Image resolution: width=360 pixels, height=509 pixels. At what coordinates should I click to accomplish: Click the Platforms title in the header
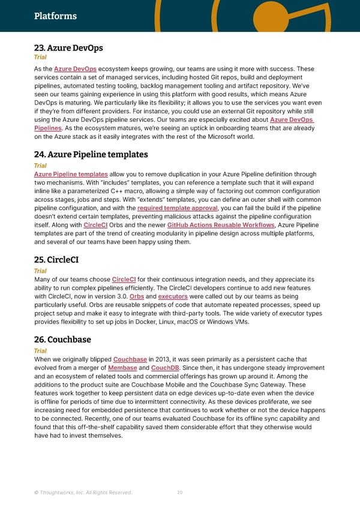point(55,16)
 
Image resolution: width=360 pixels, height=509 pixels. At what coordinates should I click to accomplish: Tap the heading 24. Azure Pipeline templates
point(91,155)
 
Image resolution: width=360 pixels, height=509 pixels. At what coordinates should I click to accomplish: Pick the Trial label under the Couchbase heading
point(40,351)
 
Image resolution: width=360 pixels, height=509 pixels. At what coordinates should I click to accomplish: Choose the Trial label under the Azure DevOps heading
point(40,58)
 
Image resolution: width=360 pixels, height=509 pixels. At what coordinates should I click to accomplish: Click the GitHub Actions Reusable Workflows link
point(224,225)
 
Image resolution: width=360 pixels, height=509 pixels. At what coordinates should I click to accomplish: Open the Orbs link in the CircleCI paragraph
point(136,296)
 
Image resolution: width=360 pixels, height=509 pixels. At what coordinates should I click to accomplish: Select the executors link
point(173,296)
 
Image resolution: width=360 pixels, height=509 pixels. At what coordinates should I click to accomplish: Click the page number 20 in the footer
point(179,493)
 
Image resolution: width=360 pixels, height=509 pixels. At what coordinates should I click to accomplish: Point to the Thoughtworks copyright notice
point(83,493)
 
